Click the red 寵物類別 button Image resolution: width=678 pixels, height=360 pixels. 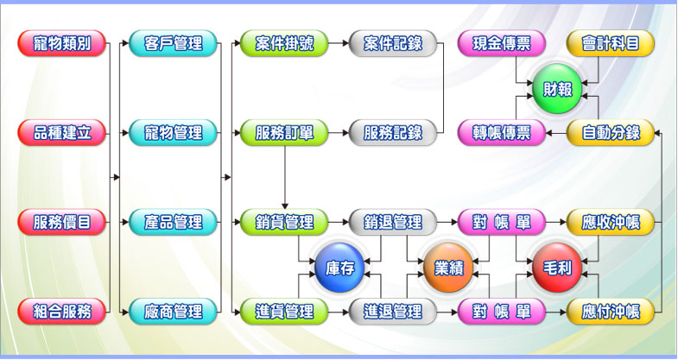[61, 43]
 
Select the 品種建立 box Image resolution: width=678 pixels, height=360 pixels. [61, 132]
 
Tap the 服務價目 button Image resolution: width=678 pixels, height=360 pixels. [61, 222]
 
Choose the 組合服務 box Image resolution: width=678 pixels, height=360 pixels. [61, 311]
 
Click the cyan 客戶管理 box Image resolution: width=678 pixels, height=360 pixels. [172, 43]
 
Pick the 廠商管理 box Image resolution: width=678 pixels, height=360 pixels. [172, 311]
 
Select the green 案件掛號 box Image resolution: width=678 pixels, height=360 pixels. [284, 43]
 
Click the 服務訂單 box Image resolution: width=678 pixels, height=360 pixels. [284, 132]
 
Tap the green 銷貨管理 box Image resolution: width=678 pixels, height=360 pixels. [284, 222]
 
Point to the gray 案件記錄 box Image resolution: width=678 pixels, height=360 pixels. [393, 43]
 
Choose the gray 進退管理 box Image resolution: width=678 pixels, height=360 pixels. [393, 311]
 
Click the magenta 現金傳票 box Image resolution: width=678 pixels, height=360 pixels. [501, 43]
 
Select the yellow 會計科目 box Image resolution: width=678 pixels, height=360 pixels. [611, 43]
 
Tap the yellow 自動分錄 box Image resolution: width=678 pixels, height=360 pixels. [611, 132]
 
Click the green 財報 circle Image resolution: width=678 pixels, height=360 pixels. [556, 89]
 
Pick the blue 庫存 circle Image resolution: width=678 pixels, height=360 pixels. [339, 268]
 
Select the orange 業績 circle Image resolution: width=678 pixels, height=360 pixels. [447, 268]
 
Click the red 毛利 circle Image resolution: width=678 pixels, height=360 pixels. [556, 268]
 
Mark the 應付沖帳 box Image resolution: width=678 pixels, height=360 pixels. [611, 311]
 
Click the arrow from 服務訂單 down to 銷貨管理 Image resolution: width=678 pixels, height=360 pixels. [284, 177]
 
